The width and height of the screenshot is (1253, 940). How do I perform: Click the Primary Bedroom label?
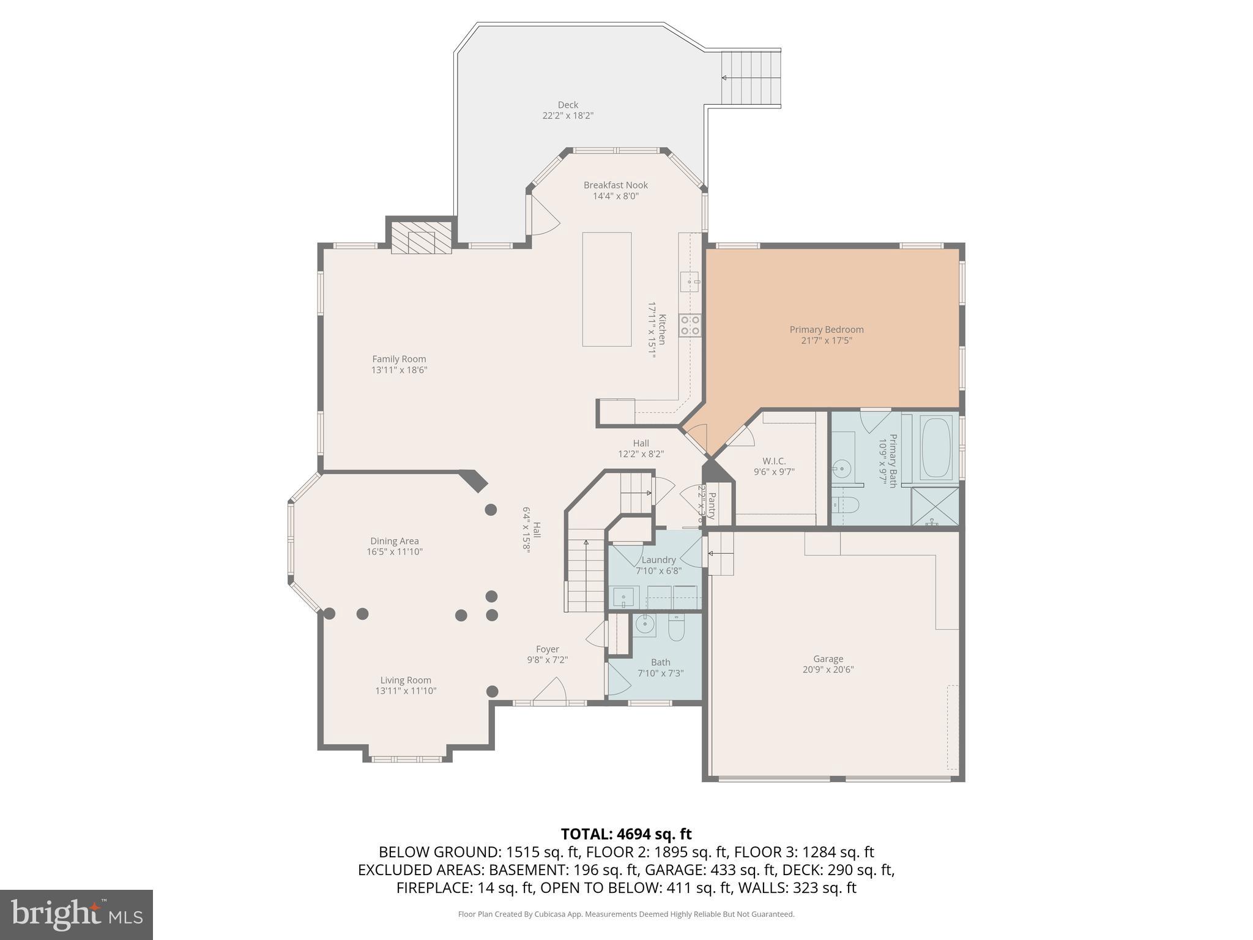click(826, 330)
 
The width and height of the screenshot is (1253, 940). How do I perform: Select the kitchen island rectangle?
click(606, 289)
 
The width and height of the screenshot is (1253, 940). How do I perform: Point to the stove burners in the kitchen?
click(690, 325)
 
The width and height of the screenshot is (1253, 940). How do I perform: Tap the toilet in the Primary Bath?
click(847, 505)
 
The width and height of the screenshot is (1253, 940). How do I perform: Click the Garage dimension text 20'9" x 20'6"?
click(828, 670)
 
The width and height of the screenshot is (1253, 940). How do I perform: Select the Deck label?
click(568, 105)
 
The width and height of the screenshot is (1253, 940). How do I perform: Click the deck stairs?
click(751, 78)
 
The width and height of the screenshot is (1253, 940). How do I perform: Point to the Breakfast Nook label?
click(615, 185)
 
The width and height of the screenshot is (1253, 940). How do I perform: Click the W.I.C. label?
click(774, 461)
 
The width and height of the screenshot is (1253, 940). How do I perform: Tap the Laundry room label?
click(658, 560)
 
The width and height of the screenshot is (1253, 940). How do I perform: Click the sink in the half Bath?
click(644, 624)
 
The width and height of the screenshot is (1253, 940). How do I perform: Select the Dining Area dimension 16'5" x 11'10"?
click(394, 551)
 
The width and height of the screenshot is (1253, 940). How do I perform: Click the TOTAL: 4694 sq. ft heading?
click(626, 834)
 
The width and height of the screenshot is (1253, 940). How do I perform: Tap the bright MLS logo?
click(76, 914)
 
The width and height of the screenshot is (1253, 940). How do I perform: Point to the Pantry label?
click(712, 505)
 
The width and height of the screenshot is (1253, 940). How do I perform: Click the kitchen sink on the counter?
click(690, 282)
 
